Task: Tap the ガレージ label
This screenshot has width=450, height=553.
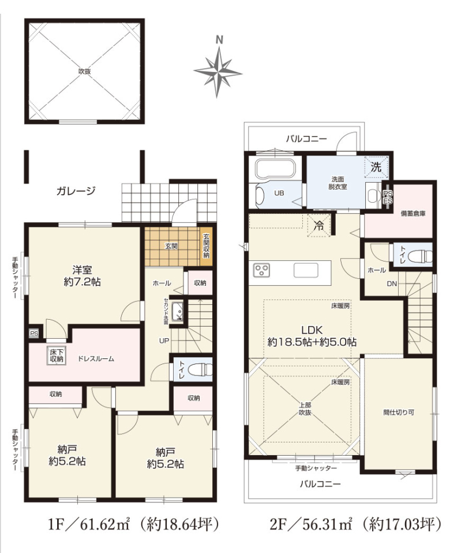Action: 76,191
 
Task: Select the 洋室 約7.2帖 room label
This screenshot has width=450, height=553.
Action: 82,276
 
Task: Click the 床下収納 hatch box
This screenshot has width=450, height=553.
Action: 56,355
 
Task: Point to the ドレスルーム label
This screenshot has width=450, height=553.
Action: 96,359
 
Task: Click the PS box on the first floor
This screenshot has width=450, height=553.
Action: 34,334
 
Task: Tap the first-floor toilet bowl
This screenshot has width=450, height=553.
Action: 200,370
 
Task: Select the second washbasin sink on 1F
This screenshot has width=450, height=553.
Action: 178,312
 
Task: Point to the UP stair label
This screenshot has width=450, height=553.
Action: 164,340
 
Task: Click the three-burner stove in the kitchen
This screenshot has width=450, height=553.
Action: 262,271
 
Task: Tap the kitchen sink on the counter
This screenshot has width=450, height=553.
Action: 306,271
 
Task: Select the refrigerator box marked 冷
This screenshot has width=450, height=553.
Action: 319,226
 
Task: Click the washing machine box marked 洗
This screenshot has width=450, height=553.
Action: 376,167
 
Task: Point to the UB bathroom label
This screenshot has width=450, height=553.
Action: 279,194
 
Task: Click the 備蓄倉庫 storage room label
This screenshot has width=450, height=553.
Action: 412,213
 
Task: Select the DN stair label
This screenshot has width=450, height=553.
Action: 392,283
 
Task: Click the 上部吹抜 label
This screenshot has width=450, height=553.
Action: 305,409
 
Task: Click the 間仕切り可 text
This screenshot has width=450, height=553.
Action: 399,412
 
